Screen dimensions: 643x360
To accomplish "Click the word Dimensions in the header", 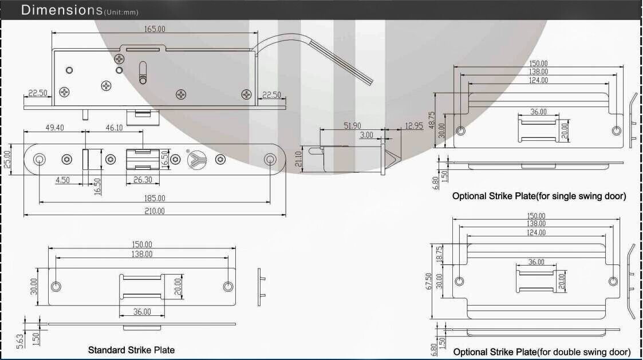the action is click(x=61, y=9).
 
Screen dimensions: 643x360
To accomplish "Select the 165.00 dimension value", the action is click(x=155, y=29).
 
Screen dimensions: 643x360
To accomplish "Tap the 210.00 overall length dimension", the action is click(x=155, y=211).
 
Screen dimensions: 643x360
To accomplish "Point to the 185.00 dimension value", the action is click(x=155, y=199).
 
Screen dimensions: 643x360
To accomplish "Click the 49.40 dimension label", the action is click(x=54, y=128).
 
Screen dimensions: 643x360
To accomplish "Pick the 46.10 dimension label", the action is click(x=114, y=128).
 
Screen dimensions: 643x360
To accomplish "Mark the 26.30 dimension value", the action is click(x=143, y=180).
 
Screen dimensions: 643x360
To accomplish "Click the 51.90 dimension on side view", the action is click(x=352, y=126).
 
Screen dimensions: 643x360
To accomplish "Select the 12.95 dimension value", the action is click(x=414, y=126).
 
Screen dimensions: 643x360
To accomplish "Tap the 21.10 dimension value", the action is click(x=298, y=159).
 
